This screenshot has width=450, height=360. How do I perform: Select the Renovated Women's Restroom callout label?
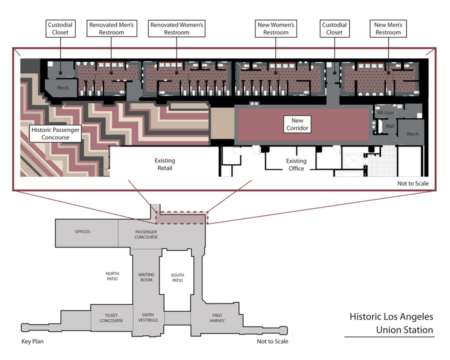177,28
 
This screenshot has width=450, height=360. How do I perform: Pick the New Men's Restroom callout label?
387,28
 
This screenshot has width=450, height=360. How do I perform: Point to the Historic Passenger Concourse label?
55,133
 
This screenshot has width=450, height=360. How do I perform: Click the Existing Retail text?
164,164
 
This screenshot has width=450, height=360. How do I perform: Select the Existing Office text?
296,164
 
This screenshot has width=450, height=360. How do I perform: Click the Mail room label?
389,126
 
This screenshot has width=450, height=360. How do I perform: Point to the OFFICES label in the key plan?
82,232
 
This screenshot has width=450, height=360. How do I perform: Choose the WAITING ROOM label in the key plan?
146,277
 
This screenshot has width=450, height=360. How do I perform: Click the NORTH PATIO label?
112,276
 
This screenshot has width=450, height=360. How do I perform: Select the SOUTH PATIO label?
177,277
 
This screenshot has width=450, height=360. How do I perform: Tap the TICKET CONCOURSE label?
111,318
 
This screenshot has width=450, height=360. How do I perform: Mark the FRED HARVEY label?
217,318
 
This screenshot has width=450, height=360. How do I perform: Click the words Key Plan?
33,342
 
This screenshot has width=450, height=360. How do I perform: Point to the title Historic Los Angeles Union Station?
390,323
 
